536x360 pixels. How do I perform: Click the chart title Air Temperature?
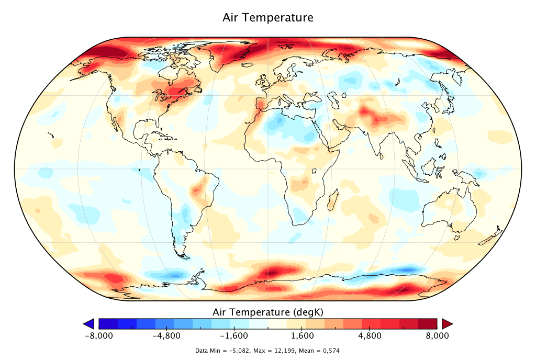point(268,17)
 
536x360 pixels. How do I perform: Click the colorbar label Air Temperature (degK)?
point(268,312)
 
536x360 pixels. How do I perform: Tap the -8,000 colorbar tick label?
point(99,336)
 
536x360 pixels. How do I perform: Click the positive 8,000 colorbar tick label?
point(438,336)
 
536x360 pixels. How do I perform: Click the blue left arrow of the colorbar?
point(89,323)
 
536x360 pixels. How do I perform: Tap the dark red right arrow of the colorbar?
point(446,323)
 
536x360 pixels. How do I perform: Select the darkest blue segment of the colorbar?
point(108,323)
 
